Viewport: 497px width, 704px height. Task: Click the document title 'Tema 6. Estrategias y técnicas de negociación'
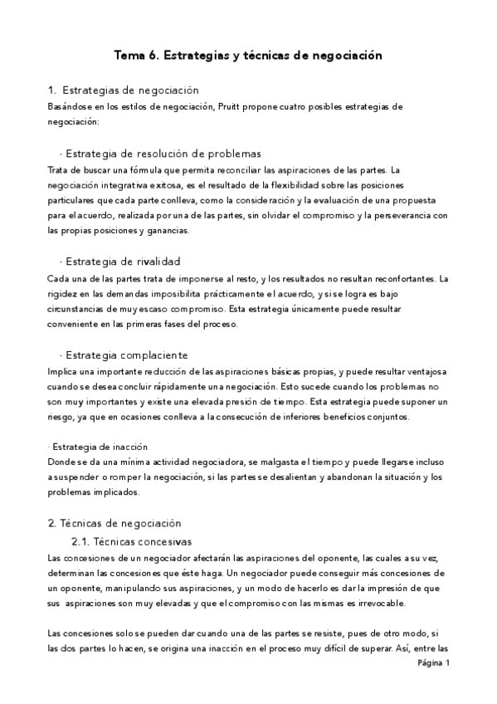pos(248,56)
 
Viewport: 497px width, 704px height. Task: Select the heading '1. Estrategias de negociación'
pos(124,90)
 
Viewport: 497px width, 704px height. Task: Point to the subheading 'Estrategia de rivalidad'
pos(122,262)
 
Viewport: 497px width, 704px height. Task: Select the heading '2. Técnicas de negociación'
pos(114,523)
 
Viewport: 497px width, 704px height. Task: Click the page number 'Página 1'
pos(433,664)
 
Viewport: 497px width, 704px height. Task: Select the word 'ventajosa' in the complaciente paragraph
pos(426,370)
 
